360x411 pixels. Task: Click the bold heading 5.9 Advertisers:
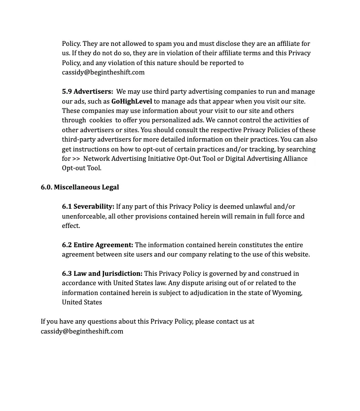[87, 92]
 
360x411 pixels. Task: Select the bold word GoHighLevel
[131, 101]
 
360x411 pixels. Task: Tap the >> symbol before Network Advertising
[76, 159]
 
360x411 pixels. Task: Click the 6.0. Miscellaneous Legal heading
[80, 187]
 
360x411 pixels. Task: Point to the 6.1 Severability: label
[88, 207]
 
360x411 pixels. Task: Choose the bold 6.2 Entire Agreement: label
[97, 245]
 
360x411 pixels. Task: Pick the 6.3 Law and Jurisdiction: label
[102, 274]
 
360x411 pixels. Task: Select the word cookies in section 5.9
[101, 120]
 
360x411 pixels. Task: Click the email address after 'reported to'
[103, 73]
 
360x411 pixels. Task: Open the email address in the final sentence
[82, 331]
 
